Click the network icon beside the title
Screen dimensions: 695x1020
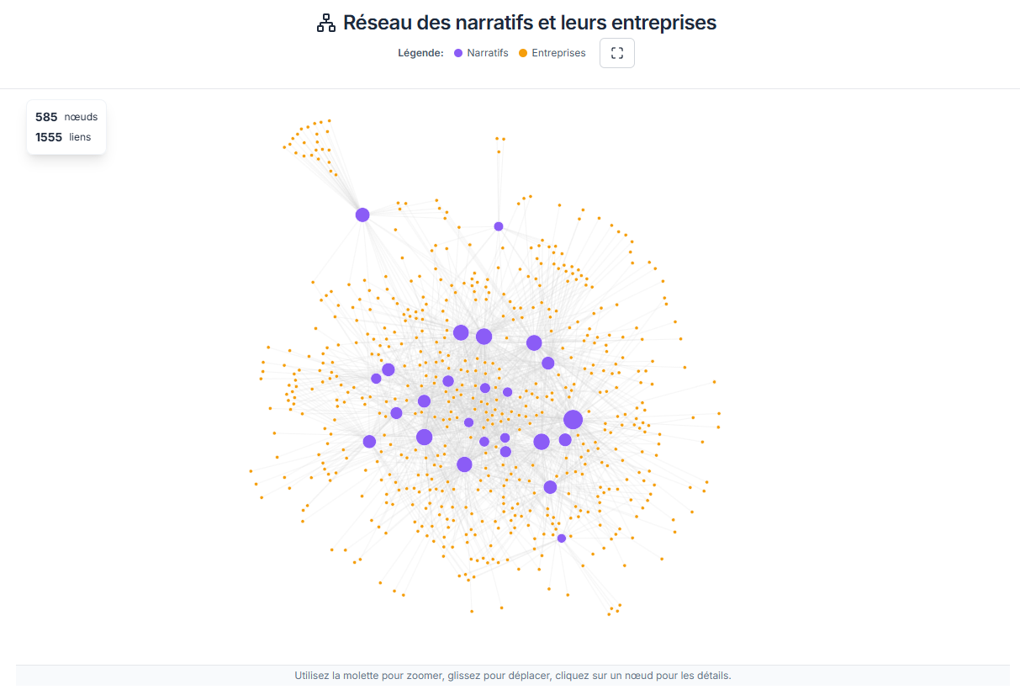click(x=325, y=24)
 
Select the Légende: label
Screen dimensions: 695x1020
click(x=420, y=53)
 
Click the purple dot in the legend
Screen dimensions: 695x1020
click(x=458, y=53)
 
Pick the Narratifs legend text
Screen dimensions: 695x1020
click(x=488, y=53)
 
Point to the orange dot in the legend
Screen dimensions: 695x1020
click(x=523, y=53)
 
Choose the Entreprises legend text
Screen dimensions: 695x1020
click(x=558, y=53)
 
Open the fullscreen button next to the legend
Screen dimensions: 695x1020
click(x=617, y=53)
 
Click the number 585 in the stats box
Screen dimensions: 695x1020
click(x=46, y=117)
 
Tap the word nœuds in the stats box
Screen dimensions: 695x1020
click(x=81, y=117)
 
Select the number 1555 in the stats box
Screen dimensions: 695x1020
click(x=49, y=137)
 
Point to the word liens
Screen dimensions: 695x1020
click(x=80, y=137)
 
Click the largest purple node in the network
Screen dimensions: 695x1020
click(x=573, y=420)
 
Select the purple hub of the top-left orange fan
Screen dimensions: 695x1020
click(x=362, y=215)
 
